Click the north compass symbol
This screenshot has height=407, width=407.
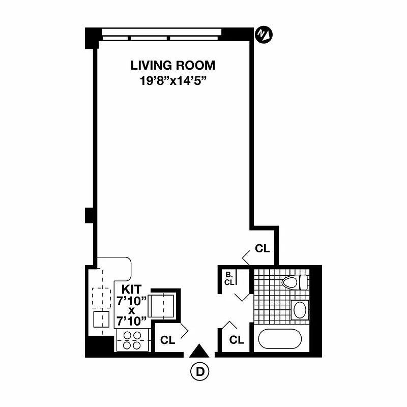263,34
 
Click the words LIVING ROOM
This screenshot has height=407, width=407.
173,66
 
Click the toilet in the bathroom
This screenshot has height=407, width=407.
295,282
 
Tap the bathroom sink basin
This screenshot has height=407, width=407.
300,309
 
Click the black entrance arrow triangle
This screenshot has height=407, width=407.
199,351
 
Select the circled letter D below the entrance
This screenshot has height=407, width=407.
199,371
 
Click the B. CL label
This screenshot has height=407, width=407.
229,279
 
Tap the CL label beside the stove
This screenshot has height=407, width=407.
167,340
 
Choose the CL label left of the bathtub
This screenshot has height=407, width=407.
237,340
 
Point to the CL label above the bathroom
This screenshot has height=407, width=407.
262,249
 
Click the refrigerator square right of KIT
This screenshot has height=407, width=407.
164,305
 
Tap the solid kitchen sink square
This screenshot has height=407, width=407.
102,319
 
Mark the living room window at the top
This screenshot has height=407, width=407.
161,35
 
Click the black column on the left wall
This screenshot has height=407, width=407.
89,216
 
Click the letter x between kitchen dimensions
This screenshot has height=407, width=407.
132,310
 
